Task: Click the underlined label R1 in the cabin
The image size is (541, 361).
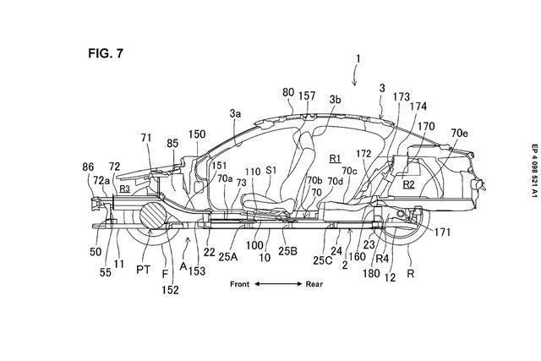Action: pos(335,157)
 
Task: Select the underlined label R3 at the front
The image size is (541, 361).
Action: pos(124,189)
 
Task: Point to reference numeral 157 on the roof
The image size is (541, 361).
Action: pos(308,97)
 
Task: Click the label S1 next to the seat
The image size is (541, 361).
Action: pos(271,169)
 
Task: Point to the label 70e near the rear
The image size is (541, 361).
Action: pos(459,133)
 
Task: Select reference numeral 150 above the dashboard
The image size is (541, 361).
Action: pos(197,134)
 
